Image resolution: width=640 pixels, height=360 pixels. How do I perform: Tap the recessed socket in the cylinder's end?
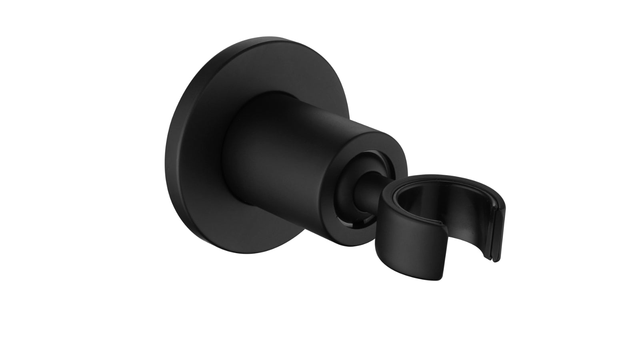360,172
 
